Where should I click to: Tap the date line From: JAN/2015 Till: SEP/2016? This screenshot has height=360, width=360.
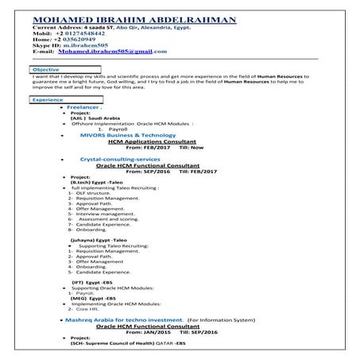click(x=167, y=331)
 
